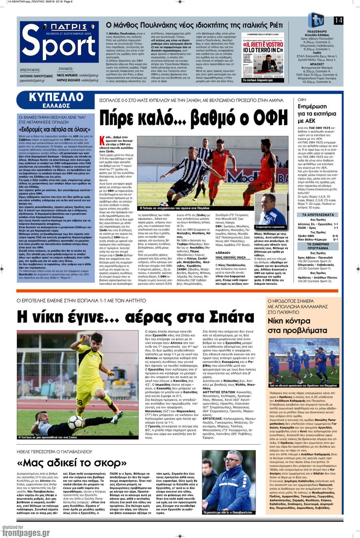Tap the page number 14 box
(x=338, y=20)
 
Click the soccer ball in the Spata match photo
(x=75, y=422)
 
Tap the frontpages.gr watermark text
(x=26, y=533)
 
